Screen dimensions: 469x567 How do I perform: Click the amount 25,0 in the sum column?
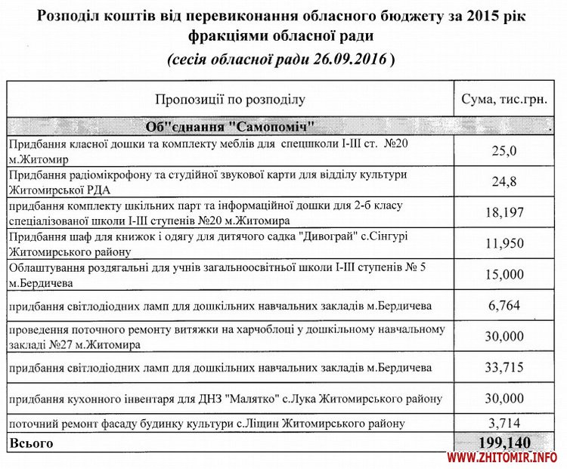pos(503,151)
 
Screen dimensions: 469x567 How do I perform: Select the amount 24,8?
pos(503,182)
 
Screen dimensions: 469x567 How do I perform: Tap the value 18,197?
pos(503,213)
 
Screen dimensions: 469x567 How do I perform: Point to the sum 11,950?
pos(503,244)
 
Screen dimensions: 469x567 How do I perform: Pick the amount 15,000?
pos(503,275)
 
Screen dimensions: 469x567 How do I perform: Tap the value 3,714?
pos(503,423)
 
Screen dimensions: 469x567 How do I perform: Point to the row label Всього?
pos(28,440)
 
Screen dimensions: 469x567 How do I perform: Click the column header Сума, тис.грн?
pos(503,100)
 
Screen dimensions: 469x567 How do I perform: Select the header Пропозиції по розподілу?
pos(230,100)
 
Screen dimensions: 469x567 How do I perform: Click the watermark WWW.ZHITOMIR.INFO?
pos(502,458)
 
